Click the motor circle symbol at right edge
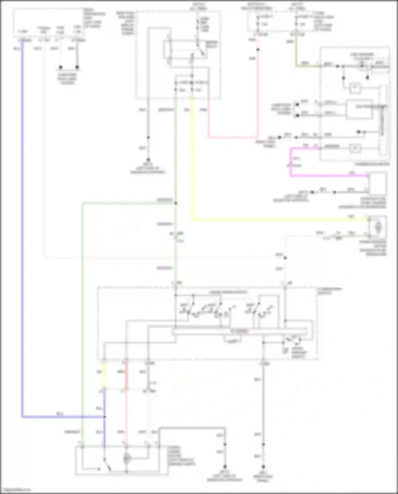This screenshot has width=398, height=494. (x=378, y=227)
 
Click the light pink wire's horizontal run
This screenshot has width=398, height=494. (x=233, y=138)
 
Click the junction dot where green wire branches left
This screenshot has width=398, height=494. (x=175, y=203)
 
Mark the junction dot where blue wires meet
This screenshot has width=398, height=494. (x=105, y=417)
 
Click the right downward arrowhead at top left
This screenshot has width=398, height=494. (x=77, y=67)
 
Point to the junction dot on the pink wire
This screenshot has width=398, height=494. (x=257, y=50)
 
